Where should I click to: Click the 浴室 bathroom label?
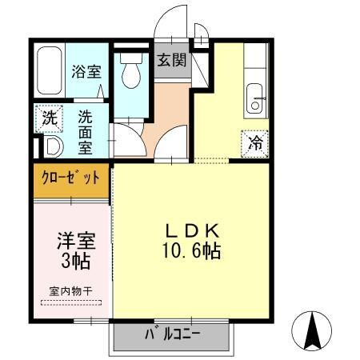tap(86, 70)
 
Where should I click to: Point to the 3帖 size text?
tap(73, 260)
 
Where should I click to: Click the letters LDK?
tap(193, 231)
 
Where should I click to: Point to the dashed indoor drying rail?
tap(70, 302)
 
